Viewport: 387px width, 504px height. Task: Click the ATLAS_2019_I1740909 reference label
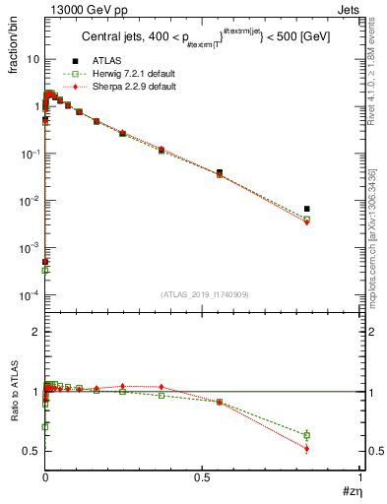[x=204, y=294]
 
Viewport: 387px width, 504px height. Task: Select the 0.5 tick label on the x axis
[x=203, y=476]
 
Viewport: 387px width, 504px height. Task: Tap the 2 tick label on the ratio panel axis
[x=34, y=332]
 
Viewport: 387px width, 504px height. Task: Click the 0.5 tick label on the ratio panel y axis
[x=31, y=451]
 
